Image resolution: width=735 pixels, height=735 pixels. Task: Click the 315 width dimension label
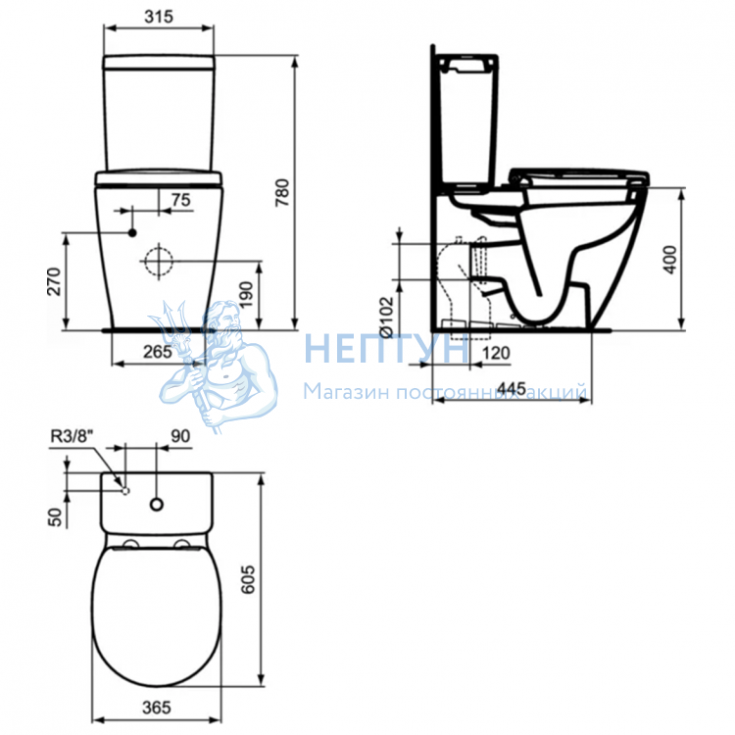[159, 17]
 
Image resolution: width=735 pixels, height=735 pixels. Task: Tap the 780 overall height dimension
[282, 192]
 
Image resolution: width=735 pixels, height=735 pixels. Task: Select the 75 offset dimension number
[181, 200]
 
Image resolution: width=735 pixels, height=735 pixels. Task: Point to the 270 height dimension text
[54, 281]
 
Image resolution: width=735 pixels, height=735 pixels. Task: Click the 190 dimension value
[246, 294]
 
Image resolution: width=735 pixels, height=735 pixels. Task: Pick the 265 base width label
[158, 352]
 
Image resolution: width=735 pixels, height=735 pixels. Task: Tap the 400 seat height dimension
[670, 260]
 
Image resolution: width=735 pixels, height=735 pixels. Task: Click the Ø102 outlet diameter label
[387, 317]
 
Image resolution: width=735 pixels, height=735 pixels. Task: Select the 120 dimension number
[496, 353]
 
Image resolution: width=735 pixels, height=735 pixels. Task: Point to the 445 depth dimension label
[512, 389]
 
